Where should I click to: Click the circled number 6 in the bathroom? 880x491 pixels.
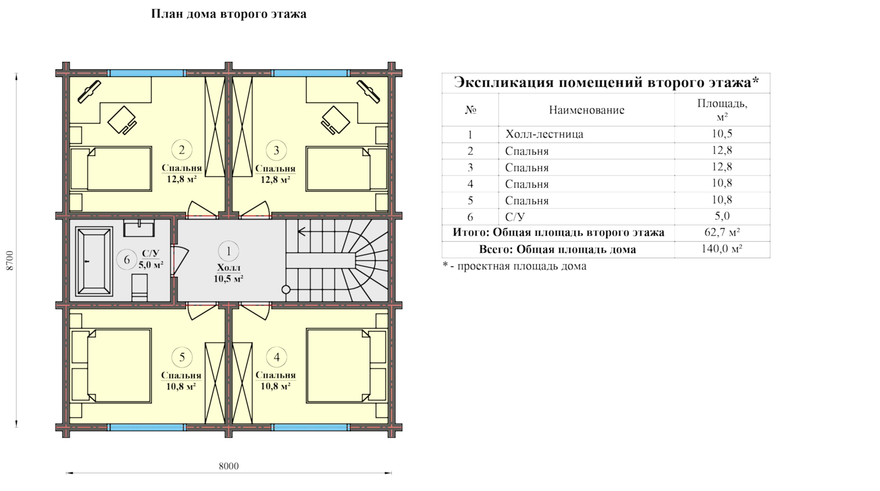tap(127, 260)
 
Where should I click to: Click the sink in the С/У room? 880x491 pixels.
tap(139, 228)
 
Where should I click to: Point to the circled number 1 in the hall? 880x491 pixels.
tap(228, 251)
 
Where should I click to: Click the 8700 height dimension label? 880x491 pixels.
tap(10, 260)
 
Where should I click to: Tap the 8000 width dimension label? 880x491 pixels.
tap(228, 466)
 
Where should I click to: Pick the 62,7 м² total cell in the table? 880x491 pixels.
tap(722, 232)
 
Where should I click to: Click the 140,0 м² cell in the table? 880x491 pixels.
tap(722, 249)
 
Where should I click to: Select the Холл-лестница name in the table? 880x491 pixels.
tap(544, 134)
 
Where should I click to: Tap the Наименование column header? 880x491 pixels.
tap(587, 110)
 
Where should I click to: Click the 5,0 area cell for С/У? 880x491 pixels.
tap(722, 216)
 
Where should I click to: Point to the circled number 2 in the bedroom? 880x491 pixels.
tap(182, 150)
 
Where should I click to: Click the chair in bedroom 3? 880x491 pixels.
tap(335, 121)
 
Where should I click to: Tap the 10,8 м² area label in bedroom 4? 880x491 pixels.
tap(276, 386)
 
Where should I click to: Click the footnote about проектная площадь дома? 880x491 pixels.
tap(514, 266)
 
